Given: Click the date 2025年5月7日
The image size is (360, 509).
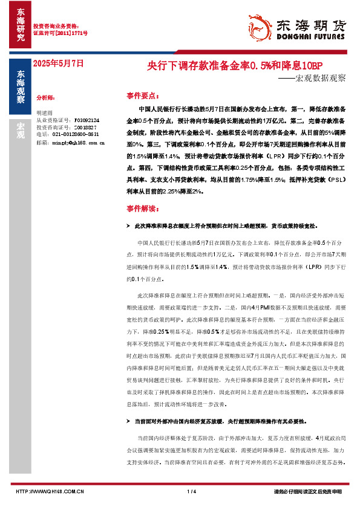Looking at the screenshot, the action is click(x=57, y=63).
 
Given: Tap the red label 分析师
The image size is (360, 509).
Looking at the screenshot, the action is click(x=46, y=97).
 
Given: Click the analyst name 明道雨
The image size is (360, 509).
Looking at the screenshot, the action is click(x=45, y=113).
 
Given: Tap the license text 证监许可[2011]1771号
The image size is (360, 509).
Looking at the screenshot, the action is click(x=60, y=33).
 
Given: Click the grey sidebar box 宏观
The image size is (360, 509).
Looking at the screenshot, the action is click(x=21, y=130).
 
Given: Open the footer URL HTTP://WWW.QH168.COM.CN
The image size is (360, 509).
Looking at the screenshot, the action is click(x=50, y=491).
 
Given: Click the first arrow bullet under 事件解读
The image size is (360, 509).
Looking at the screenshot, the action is click(x=128, y=225).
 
